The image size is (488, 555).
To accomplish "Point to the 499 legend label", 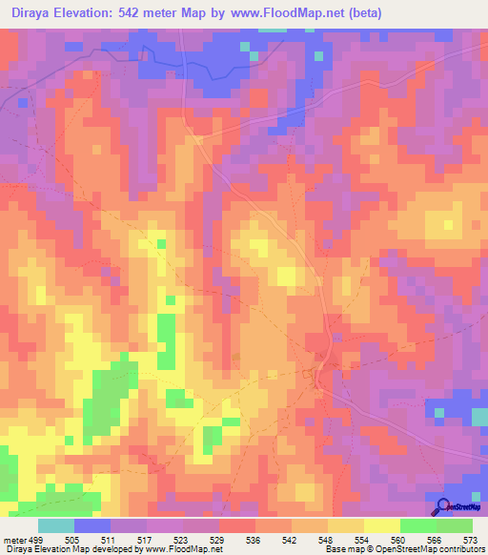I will coord(36,538).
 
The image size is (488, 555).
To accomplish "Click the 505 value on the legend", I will coord(72,538).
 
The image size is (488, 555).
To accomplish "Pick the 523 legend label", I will coord(181,538).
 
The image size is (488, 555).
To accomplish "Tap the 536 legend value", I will coord(253,538).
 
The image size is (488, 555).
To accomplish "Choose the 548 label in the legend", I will coord(326,538).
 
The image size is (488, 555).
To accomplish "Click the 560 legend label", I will coord(397,538).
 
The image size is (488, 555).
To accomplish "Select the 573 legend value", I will coord(470,538).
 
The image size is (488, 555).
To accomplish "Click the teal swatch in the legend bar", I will coord(55,525).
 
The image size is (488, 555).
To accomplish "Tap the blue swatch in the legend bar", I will coord(91,525).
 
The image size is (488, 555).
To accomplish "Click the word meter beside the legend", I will coord(13,538).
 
